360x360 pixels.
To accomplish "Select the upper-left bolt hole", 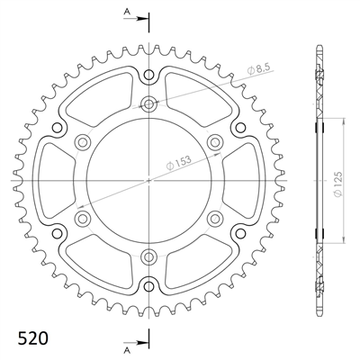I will (83, 141).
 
